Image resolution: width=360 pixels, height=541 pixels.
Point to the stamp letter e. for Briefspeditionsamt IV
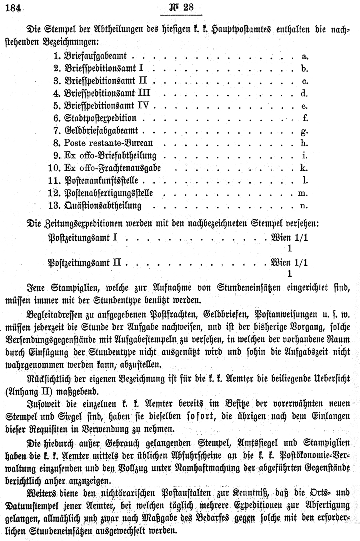304,106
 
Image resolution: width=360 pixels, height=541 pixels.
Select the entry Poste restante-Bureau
108,143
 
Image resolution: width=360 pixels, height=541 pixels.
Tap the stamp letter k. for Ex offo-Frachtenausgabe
304,168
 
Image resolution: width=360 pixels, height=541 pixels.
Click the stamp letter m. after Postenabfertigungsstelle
302,193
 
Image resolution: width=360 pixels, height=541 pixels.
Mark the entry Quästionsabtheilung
103,206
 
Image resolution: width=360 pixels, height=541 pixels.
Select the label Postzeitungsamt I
83,238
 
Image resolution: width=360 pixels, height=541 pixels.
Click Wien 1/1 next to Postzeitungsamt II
290,263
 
